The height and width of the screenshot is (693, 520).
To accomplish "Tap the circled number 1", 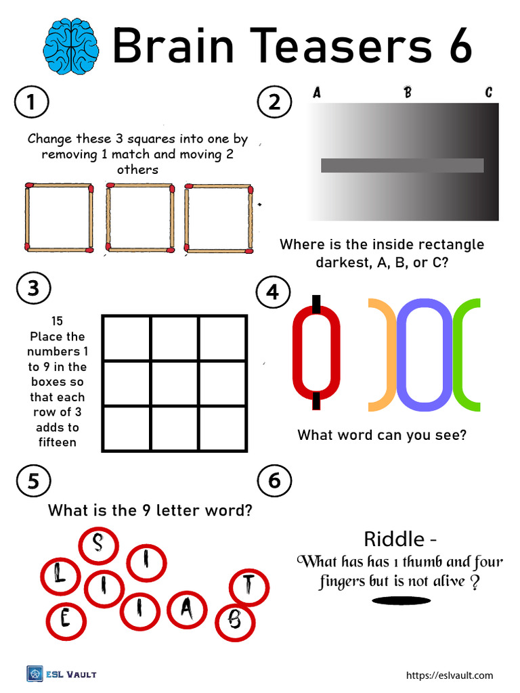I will click(30, 103).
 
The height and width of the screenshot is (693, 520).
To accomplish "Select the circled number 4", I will click(273, 292).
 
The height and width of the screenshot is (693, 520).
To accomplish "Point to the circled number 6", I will click(274, 481).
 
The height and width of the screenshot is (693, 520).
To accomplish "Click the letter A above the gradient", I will click(316, 93).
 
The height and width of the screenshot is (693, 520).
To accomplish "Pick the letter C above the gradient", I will click(488, 93).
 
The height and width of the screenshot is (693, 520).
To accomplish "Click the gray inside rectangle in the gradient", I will click(402, 165).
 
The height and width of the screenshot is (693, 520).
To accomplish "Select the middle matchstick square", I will click(140, 217).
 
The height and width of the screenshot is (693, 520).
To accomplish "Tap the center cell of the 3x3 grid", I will click(174, 383).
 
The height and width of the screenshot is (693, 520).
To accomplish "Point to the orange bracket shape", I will click(383, 355).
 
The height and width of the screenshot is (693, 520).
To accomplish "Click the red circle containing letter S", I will click(99, 544).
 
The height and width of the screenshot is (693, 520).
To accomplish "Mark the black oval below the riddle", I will click(402, 600).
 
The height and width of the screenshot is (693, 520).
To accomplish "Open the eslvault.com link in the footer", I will click(449, 675).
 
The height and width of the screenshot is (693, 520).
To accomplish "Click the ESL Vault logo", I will click(62, 673).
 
